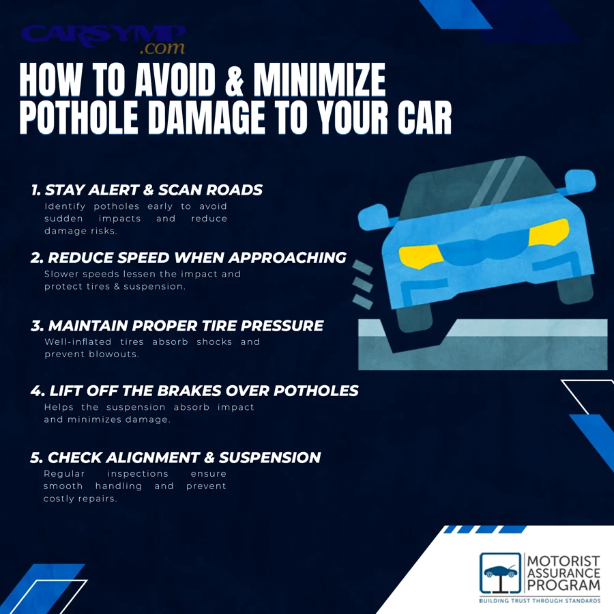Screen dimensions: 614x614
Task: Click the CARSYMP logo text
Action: click(102, 34)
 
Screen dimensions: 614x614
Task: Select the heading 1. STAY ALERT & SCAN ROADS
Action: click(147, 190)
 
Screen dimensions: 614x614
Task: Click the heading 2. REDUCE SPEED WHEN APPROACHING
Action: click(188, 258)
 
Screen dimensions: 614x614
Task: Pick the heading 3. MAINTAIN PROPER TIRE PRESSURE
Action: click(177, 326)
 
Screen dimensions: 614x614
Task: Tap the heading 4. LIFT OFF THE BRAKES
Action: click(194, 391)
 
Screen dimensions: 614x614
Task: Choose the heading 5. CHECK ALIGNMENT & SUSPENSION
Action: click(175, 458)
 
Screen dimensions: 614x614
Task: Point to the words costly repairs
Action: click(80, 499)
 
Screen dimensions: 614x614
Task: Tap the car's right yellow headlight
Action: click(549, 232)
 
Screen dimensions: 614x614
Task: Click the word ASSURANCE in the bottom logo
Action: click(564, 573)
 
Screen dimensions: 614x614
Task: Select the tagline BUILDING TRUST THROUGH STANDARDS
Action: click(539, 601)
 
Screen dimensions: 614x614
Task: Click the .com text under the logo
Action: click(162, 48)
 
